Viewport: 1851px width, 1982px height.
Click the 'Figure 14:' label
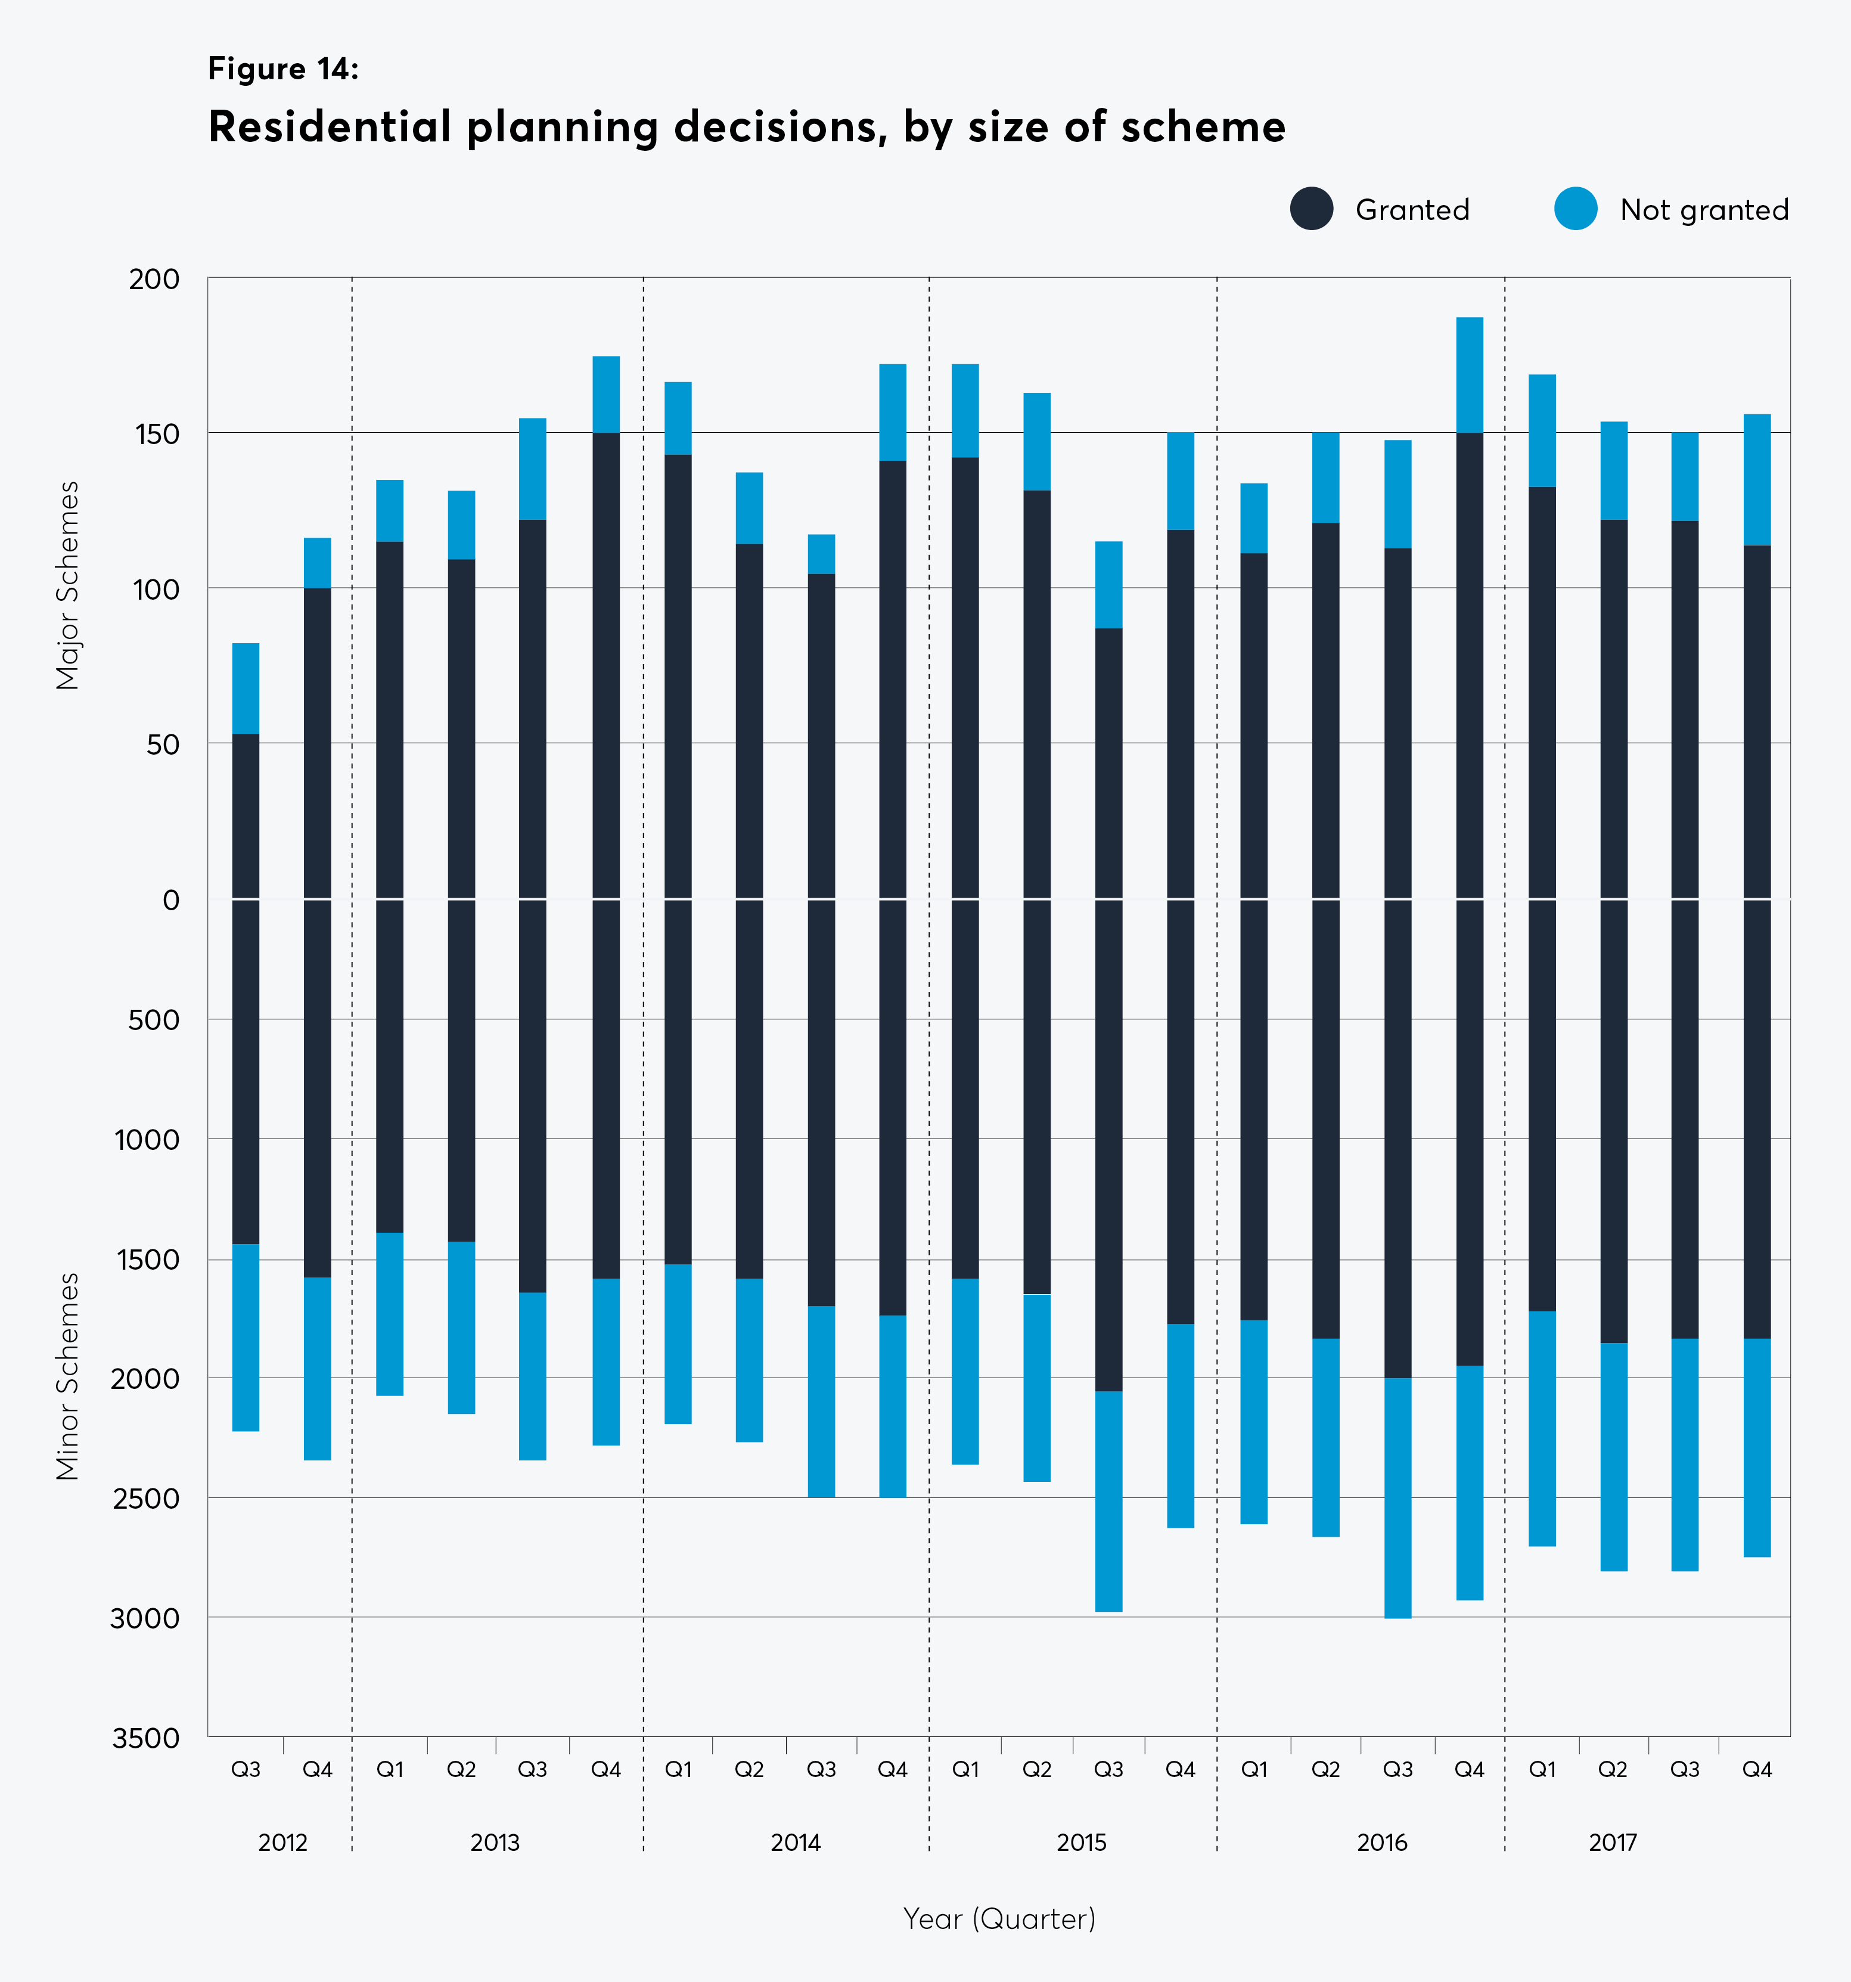tap(283, 69)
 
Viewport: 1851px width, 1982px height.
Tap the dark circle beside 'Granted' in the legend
tap(1312, 209)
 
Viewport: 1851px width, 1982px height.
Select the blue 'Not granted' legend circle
tap(1575, 209)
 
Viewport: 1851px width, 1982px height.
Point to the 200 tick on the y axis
tap(154, 279)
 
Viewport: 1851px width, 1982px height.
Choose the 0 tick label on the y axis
tap(172, 900)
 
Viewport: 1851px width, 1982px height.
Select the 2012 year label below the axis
tap(283, 1843)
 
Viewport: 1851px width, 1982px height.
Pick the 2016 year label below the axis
tap(1381, 1843)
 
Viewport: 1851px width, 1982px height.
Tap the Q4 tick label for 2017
tap(1756, 1770)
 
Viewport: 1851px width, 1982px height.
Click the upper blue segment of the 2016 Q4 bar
tap(1469, 375)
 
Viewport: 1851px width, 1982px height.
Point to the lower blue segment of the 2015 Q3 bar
tap(1108, 1500)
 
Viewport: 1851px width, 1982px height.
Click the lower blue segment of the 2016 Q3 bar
tap(1397, 1497)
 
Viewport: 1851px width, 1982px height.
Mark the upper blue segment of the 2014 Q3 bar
tap(821, 554)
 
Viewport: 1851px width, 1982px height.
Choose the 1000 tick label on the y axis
tap(147, 1140)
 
